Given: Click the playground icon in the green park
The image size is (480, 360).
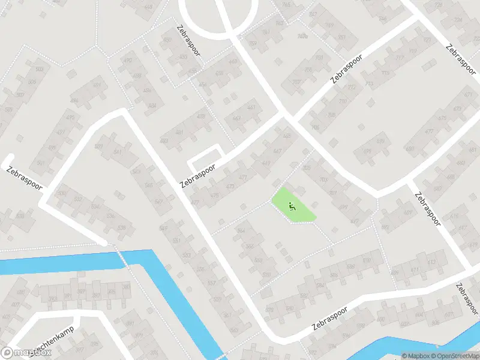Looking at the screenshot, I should [x=292, y=207].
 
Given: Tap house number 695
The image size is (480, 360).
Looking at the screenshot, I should [x=385, y=227].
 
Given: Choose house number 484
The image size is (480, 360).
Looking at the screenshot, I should [x=152, y=105].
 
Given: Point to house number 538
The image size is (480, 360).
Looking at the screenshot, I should [x=122, y=227].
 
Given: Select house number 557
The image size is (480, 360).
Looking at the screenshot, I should [x=211, y=283].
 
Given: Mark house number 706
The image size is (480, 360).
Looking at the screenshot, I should [x=314, y=127].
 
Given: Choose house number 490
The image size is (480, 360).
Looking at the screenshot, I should [x=127, y=61].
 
